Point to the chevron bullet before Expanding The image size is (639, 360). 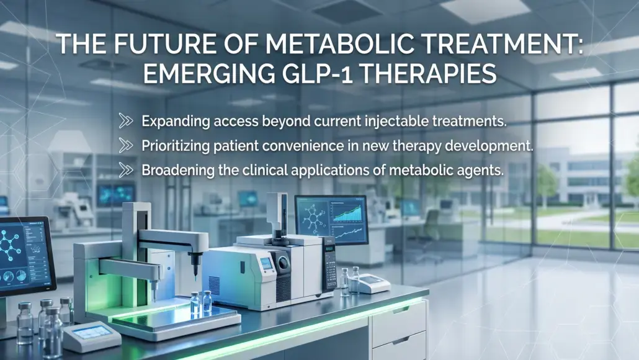coord(126,120)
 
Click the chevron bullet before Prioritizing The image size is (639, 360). coord(126,145)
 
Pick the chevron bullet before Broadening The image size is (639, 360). coord(126,170)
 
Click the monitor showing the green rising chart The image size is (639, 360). coord(331,219)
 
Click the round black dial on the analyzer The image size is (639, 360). coord(283,263)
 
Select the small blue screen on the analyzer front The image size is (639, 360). coord(266,263)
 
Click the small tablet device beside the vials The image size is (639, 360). coord(91,335)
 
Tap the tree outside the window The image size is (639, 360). coord(545,184)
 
